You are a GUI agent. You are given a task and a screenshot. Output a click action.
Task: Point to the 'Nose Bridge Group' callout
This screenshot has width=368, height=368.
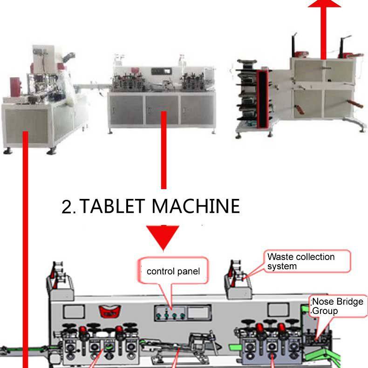coord(337,306)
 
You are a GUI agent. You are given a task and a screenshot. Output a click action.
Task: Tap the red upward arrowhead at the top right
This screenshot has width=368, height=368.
coord(324,3)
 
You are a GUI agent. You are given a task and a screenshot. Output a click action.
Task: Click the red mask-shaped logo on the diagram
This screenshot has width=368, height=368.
coord(108,312)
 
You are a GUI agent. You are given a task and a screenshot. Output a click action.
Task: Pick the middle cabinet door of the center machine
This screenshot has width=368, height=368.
coord(163,109)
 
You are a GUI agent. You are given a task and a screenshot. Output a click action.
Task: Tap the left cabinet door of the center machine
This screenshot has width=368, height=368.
coord(127,109)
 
